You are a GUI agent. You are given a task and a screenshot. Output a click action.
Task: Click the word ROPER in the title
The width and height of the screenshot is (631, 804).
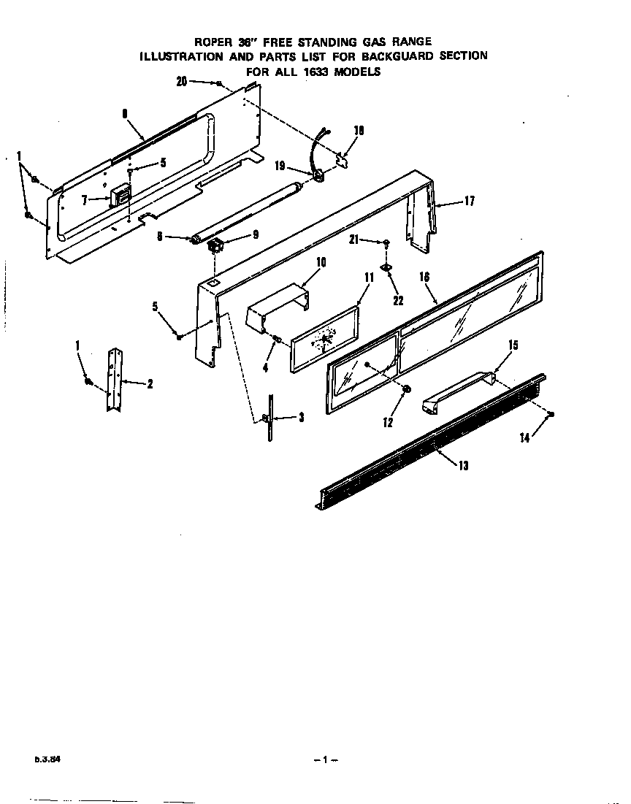pyautogui.click(x=212, y=42)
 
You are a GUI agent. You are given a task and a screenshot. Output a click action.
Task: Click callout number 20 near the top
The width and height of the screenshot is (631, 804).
pyautogui.click(x=182, y=82)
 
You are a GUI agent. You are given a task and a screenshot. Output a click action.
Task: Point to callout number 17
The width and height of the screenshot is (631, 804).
pyautogui.click(x=469, y=201)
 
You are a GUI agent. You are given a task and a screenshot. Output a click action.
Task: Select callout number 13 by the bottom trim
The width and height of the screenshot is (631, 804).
pyautogui.click(x=463, y=466)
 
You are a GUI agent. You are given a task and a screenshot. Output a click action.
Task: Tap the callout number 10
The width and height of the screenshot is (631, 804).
pyautogui.click(x=321, y=261)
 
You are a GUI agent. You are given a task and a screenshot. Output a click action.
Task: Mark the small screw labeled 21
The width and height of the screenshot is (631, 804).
pyautogui.click(x=386, y=243)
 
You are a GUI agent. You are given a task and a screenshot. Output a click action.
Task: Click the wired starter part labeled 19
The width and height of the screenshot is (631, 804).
pyautogui.click(x=318, y=175)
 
